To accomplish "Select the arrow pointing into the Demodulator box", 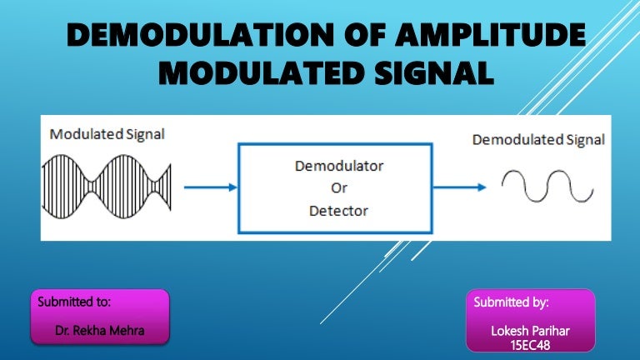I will (x=209, y=187).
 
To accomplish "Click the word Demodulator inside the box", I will (x=339, y=166).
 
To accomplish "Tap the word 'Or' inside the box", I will (x=339, y=188).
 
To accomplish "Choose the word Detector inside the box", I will (x=339, y=211).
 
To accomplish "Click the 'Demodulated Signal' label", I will (x=538, y=139).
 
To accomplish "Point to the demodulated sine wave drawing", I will (x=547, y=187).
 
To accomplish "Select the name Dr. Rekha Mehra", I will (x=99, y=331).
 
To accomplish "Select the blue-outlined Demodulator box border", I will (x=241, y=187).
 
